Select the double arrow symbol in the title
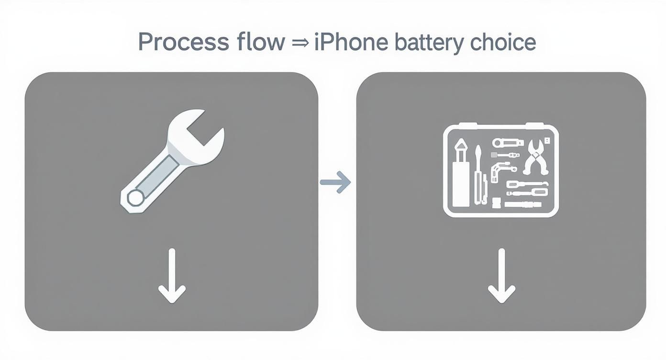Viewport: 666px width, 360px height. tap(300, 43)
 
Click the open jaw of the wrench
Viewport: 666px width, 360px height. tap(203, 130)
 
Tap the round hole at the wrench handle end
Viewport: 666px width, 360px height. tap(135, 197)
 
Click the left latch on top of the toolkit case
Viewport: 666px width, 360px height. tap(467, 126)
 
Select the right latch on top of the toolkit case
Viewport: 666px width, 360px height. tap(535, 126)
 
